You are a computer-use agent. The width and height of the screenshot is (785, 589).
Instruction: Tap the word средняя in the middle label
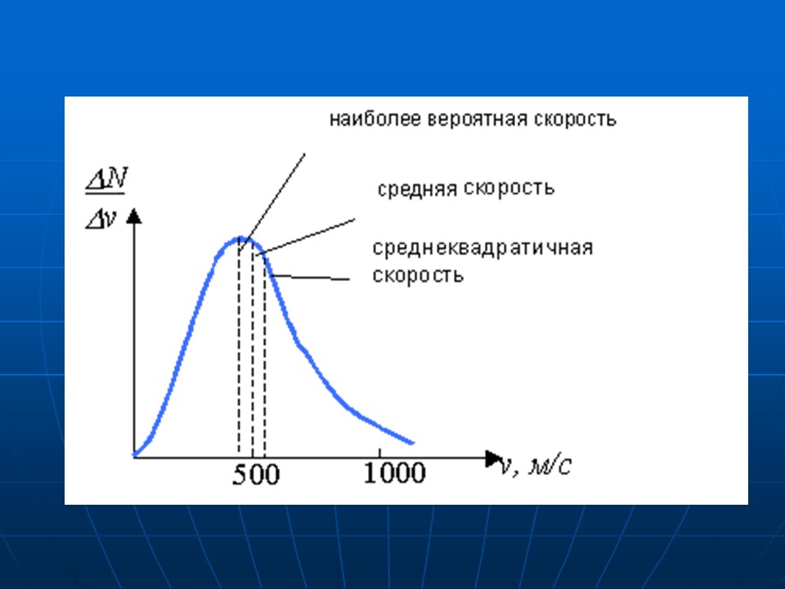point(417,189)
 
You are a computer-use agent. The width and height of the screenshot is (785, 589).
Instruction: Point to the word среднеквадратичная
point(482,248)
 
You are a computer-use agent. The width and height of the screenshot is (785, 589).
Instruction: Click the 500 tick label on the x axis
point(255,474)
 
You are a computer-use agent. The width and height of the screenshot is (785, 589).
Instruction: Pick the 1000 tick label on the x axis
point(394,473)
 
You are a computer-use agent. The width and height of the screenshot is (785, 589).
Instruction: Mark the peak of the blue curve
point(240,238)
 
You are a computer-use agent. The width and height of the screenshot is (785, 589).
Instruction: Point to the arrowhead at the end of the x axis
point(493,455)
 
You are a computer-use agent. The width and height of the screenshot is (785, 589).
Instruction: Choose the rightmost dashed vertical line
point(265,368)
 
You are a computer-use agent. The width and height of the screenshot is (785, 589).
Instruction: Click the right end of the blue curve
point(412,442)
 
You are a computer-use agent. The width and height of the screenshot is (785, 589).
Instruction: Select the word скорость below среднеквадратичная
point(419,275)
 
